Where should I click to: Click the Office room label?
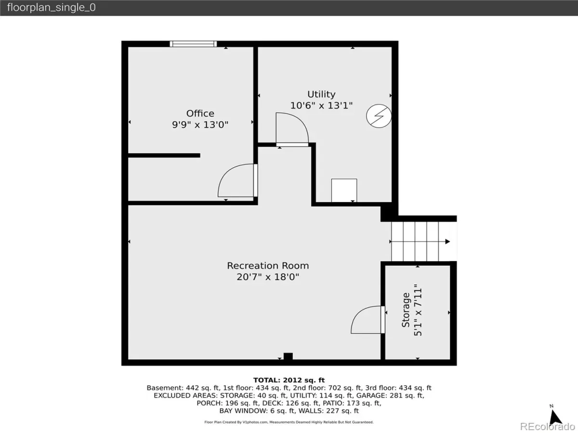pos(200,114)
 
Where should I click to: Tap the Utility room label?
pos(321,94)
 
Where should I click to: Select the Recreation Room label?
pos(268,266)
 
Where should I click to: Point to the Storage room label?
pos(406,310)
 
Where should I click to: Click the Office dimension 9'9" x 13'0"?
pos(200,125)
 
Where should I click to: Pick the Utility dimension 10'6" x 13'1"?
pos(321,106)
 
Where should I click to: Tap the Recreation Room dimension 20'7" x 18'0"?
pos(268,277)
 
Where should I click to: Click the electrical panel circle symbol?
pos(379,116)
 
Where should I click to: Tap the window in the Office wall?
pos(193,44)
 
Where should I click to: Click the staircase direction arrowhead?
pos(447,242)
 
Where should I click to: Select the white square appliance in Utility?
pos(344,191)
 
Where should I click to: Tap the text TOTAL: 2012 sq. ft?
pos(289,380)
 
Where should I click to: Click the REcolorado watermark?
pos(548,426)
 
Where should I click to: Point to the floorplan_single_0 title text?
pos(52,7)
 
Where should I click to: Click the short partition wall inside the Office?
pos(164,155)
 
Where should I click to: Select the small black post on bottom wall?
pos(288,356)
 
